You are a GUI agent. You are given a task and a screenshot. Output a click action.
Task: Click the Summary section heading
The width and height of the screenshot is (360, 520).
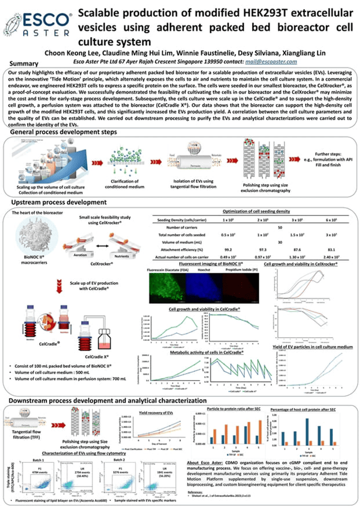(x=24, y=63)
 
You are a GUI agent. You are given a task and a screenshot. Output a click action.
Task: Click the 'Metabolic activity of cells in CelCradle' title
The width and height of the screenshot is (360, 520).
(x=207, y=352)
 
